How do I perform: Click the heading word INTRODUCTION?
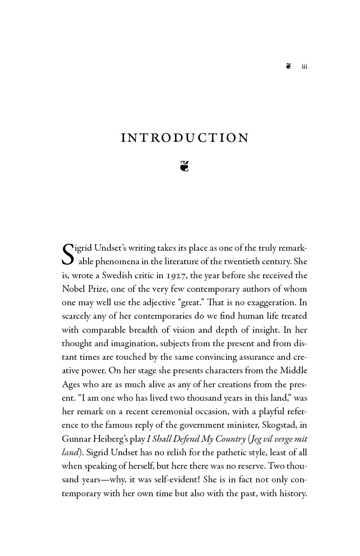click(x=185, y=138)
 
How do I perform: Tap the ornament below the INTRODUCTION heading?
click(x=184, y=166)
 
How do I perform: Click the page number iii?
click(x=305, y=67)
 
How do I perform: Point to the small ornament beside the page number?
click(x=288, y=66)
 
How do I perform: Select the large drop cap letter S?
click(x=68, y=255)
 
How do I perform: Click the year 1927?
click(x=176, y=275)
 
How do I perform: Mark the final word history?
click(x=291, y=493)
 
